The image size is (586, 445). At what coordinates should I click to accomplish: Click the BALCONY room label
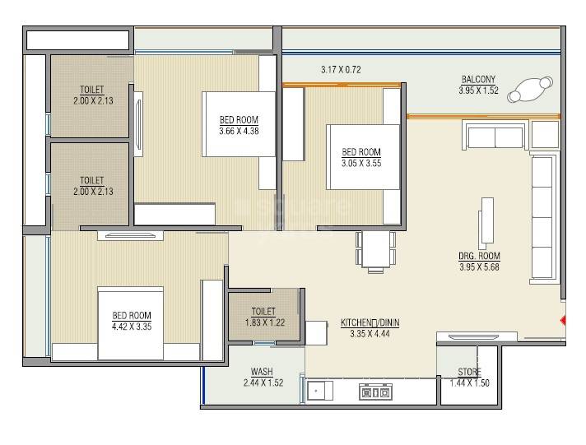[478, 80]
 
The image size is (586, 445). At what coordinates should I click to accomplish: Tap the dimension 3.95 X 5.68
[479, 266]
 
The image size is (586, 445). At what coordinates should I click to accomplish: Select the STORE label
[470, 372]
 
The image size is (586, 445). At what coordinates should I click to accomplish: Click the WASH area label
[263, 372]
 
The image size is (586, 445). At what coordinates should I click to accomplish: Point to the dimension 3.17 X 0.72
[342, 70]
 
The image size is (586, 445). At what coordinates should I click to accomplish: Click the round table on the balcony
[531, 90]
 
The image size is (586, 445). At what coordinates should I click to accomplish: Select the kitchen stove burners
[374, 392]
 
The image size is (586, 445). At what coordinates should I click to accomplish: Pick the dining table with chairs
[374, 250]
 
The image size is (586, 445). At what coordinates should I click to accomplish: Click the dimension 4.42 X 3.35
[132, 326]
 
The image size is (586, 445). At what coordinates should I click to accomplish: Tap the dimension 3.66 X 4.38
[240, 130]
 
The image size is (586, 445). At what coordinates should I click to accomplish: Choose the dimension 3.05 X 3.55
[361, 162]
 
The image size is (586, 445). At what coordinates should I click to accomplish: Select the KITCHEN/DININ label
[370, 322]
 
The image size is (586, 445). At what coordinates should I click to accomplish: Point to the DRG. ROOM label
[479, 256]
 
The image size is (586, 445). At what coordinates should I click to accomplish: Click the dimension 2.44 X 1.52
[263, 382]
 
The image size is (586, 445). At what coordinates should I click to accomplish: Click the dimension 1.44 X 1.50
[470, 382]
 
